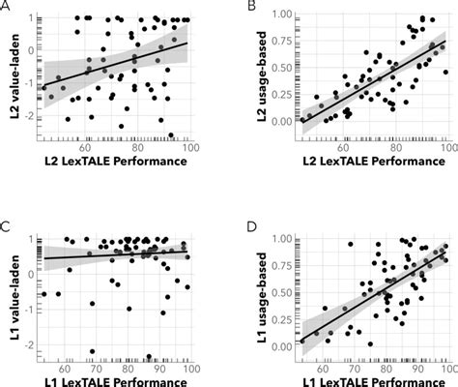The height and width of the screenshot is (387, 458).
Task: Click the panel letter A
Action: click(8, 7)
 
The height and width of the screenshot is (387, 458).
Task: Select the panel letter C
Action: click(8, 229)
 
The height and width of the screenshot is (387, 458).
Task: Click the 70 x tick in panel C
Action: click(98, 368)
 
